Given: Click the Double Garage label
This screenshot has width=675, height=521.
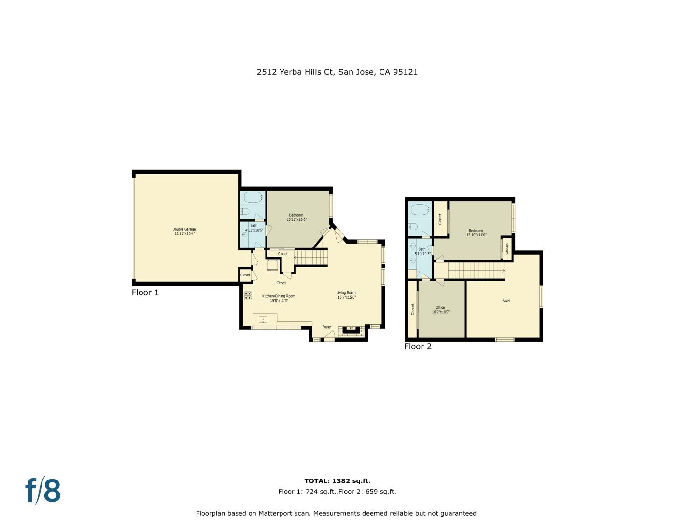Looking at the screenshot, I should [184, 229].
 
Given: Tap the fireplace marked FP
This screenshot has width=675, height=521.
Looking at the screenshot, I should [351, 329].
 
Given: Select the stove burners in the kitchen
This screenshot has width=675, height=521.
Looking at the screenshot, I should [248, 296].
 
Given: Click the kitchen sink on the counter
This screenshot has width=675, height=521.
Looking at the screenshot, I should [263, 319].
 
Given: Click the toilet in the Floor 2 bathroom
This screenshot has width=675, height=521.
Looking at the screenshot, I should [413, 227].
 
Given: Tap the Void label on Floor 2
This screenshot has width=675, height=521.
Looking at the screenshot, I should [506, 301].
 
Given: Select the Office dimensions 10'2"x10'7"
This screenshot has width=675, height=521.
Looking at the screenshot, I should [440, 312].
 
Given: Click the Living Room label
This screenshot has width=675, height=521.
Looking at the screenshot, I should [346, 293].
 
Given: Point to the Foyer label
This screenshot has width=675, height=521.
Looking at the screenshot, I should [327, 327].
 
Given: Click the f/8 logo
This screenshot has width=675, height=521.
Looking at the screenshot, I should [43, 491].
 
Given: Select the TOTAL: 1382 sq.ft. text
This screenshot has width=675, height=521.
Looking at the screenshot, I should [337, 481].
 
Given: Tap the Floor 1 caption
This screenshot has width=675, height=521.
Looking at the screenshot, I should [145, 293].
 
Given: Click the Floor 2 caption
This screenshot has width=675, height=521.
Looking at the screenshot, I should [418, 346].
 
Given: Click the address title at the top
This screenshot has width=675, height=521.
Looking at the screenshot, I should [337, 72].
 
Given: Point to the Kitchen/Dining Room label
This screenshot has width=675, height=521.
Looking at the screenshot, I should [279, 296].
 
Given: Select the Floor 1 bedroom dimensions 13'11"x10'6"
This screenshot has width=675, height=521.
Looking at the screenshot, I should [296, 219].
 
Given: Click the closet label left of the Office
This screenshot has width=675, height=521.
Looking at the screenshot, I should [413, 309].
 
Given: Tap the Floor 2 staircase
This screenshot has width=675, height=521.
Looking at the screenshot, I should [476, 271].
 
